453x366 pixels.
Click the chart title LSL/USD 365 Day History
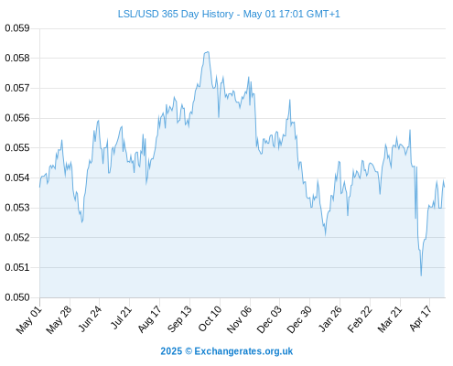[176, 14]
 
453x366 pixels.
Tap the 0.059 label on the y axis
[17, 28]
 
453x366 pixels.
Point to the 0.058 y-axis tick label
[17, 58]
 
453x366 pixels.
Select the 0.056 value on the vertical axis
[17, 118]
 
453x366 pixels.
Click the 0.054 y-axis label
[17, 178]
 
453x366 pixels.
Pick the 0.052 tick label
[17, 237]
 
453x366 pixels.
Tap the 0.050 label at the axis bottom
[17, 297]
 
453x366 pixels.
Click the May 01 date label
[29, 319]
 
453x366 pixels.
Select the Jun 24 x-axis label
[90, 318]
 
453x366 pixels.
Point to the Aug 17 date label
[149, 318]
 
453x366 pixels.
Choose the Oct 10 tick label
[210, 318]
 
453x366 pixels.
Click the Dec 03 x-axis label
[269, 319]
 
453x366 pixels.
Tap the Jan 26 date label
[329, 318]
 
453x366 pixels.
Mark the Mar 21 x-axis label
[390, 319]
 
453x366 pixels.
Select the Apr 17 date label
[421, 318]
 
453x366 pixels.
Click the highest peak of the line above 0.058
[208, 52]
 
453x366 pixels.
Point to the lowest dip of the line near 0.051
[421, 275]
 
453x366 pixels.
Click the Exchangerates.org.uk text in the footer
[243, 351]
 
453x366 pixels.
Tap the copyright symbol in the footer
[189, 351]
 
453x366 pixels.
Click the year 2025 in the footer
[171, 351]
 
